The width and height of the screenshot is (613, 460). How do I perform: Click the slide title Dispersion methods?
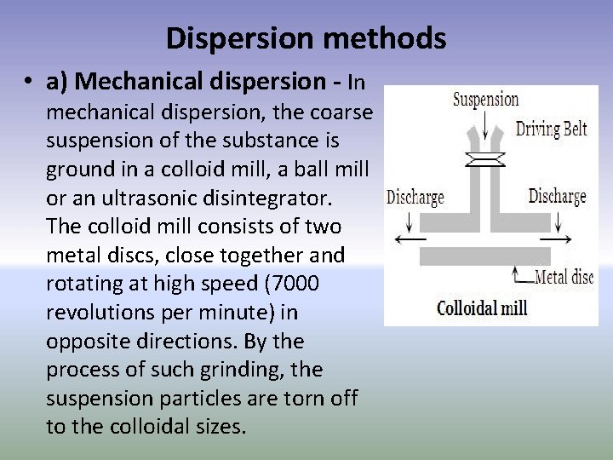coord(306,38)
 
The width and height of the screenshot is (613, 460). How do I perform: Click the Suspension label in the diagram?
coord(485,100)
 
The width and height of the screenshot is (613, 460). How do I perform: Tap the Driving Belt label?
coord(552,130)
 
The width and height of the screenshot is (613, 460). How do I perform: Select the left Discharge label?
coord(415,198)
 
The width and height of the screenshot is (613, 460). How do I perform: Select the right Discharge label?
coord(557,197)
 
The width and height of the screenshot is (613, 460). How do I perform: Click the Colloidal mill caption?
coord(482,308)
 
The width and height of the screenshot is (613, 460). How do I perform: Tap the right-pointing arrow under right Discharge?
coord(556,240)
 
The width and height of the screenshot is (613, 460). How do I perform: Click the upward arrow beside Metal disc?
coord(517,273)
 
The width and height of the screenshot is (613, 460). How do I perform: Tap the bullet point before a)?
coord(29,83)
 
